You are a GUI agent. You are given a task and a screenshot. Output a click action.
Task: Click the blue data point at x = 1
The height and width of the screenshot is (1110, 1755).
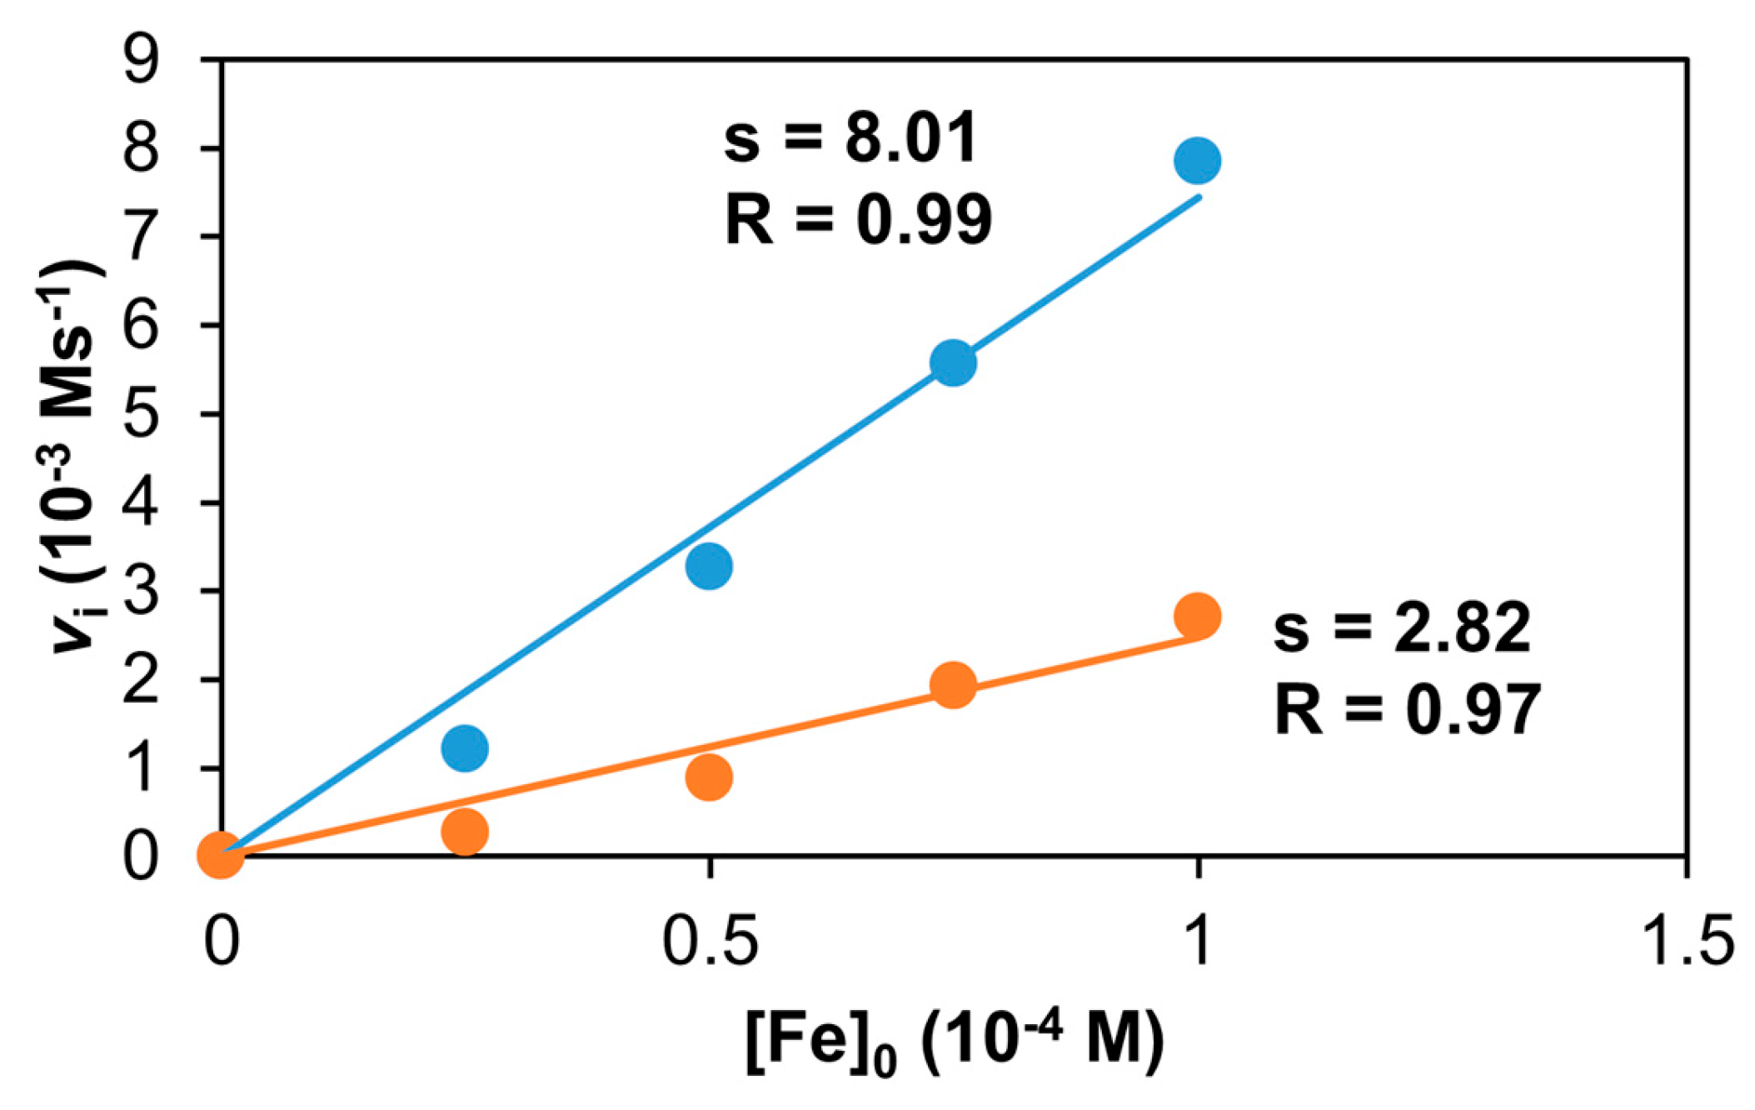point(1197,160)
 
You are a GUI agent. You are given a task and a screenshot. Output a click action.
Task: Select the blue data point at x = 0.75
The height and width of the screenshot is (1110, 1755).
point(953,363)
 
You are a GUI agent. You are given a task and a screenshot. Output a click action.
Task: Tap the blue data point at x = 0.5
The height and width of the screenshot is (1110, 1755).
point(709,567)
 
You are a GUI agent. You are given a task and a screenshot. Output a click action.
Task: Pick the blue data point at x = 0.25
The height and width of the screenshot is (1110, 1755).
point(465,747)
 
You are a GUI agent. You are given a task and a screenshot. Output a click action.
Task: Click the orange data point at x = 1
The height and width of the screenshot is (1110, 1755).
point(1197,617)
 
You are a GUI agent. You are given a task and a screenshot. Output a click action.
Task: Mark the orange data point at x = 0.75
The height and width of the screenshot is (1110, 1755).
point(953,685)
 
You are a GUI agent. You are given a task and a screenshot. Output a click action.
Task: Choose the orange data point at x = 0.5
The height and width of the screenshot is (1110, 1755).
point(709,777)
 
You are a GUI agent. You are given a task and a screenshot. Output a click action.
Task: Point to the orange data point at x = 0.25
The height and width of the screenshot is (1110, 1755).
point(465,831)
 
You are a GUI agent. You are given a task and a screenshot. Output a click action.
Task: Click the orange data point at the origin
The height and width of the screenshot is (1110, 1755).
point(221,854)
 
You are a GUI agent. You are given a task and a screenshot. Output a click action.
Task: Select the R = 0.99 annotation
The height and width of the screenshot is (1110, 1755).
point(858,219)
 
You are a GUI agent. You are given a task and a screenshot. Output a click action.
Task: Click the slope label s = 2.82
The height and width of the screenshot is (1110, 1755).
point(1402,627)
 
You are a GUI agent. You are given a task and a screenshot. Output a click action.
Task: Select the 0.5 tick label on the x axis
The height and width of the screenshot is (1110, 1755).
point(710,939)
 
